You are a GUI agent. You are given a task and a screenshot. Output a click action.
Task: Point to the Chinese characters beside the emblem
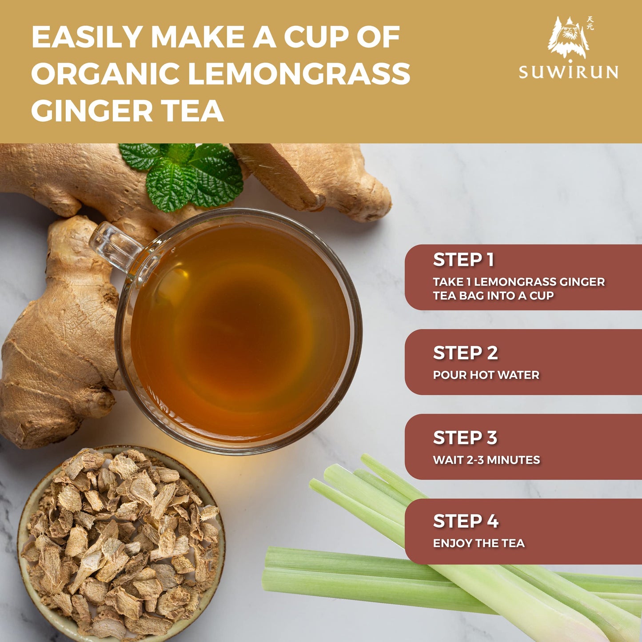click(x=590, y=23)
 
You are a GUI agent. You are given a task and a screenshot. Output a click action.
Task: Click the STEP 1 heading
click(x=463, y=260)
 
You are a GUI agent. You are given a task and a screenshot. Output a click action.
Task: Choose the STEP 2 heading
click(x=466, y=353)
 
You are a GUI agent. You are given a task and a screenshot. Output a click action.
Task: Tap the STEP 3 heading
click(x=465, y=437)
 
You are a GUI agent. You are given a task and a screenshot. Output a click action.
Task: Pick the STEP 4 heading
click(x=466, y=521)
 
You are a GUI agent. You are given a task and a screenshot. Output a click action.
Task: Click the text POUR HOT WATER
click(x=486, y=375)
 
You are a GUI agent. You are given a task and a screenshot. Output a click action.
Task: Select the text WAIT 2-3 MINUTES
click(x=486, y=460)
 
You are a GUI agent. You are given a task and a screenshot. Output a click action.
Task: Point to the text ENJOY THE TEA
click(x=479, y=543)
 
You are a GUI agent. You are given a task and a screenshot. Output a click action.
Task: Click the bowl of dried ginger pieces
click(x=122, y=544)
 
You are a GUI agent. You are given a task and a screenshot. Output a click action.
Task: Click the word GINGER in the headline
click(x=92, y=110)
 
